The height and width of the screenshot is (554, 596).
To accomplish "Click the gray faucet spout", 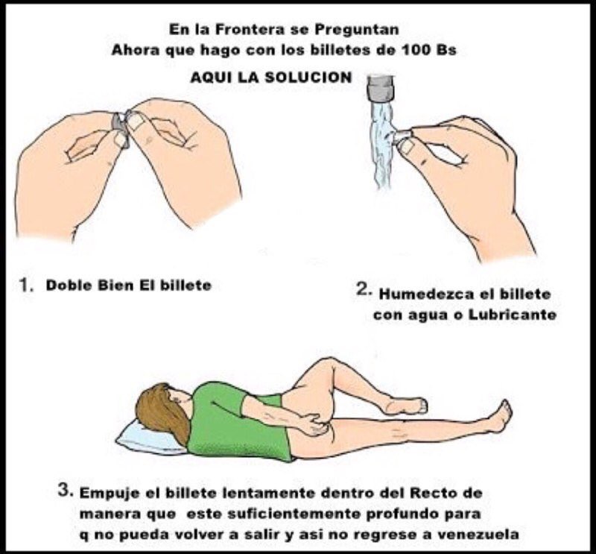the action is (x=381, y=89).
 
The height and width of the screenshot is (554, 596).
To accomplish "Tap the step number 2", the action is (x=364, y=291).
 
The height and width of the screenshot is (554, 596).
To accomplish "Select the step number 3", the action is (x=65, y=490).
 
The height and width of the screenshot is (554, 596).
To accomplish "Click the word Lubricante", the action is (x=512, y=315).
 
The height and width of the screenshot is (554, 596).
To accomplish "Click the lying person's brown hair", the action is (x=163, y=411).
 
